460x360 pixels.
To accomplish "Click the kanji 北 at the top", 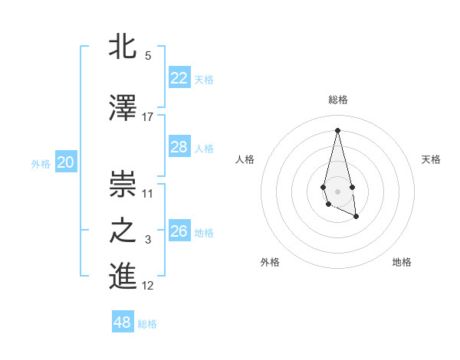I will pos(123,47).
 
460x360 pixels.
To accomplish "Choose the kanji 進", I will pos(123,277).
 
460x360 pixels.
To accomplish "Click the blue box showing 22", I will pos(179,77).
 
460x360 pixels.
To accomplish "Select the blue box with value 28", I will pos(179,147).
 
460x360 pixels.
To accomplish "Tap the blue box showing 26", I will pos(179,231).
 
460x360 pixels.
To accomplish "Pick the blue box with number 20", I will pos(66,162).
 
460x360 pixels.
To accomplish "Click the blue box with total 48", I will pos(123,322).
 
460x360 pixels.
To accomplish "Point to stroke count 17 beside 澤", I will pos(148,116).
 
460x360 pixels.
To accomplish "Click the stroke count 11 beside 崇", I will pos(148,193).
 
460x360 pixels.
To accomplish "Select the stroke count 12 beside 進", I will pos(148,286).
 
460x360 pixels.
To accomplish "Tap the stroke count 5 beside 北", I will pos(148,56).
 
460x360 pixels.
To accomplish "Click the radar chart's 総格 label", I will pos(338,100).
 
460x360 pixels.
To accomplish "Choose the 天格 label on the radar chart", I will pos(431,159).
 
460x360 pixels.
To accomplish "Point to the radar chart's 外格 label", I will pos(270,262).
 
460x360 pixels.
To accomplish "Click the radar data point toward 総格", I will pos(337,129).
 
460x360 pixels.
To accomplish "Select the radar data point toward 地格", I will pos(356,217).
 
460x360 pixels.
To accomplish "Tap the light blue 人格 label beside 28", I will pos(204,148).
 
